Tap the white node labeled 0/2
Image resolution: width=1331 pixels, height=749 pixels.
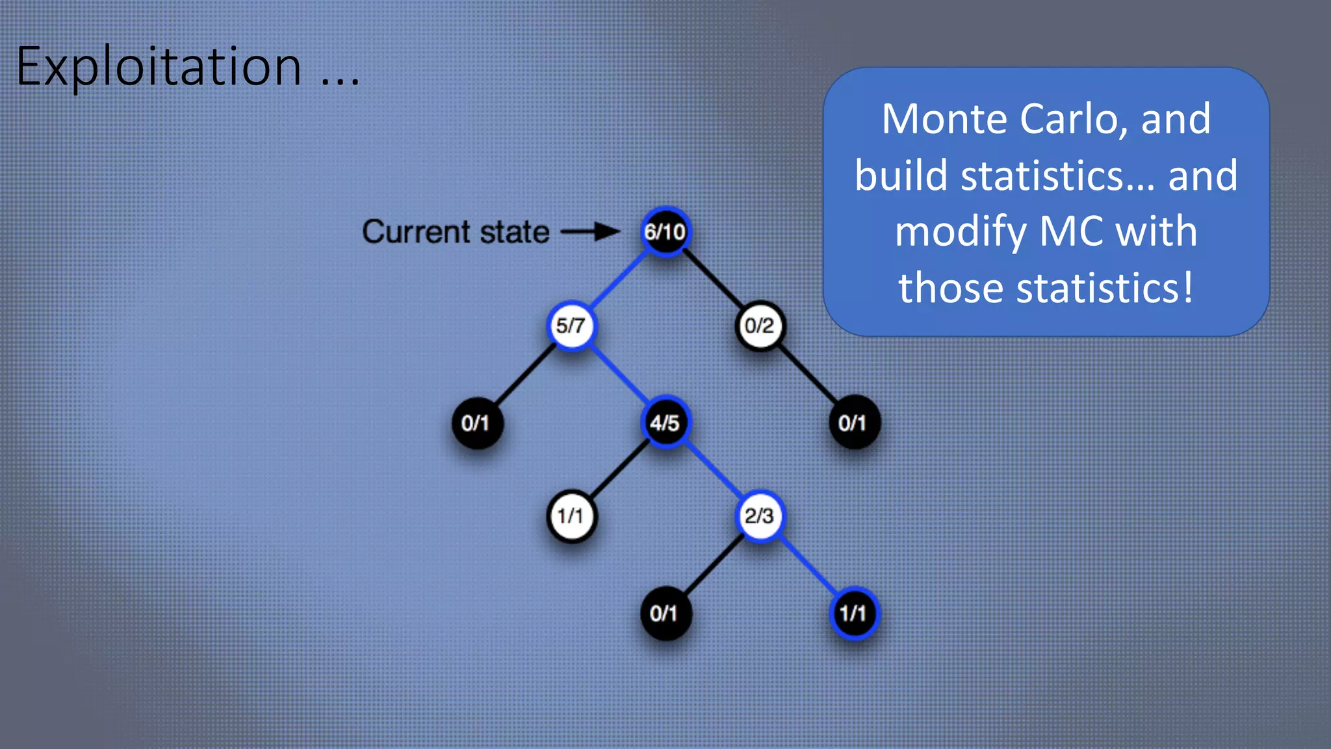[759, 325]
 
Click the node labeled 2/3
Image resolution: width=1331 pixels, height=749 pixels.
[759, 516]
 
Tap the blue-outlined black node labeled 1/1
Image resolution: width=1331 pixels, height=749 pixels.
[853, 613]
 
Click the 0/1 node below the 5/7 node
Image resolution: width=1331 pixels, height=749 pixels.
[476, 423]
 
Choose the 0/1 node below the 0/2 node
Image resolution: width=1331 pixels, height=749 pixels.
[853, 423]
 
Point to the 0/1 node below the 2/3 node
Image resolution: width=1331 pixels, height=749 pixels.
[665, 613]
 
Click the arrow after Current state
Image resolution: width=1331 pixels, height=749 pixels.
[590, 231]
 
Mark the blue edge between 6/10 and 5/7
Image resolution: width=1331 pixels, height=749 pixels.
[617, 279]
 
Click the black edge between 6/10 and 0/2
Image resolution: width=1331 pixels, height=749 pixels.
[713, 279]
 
